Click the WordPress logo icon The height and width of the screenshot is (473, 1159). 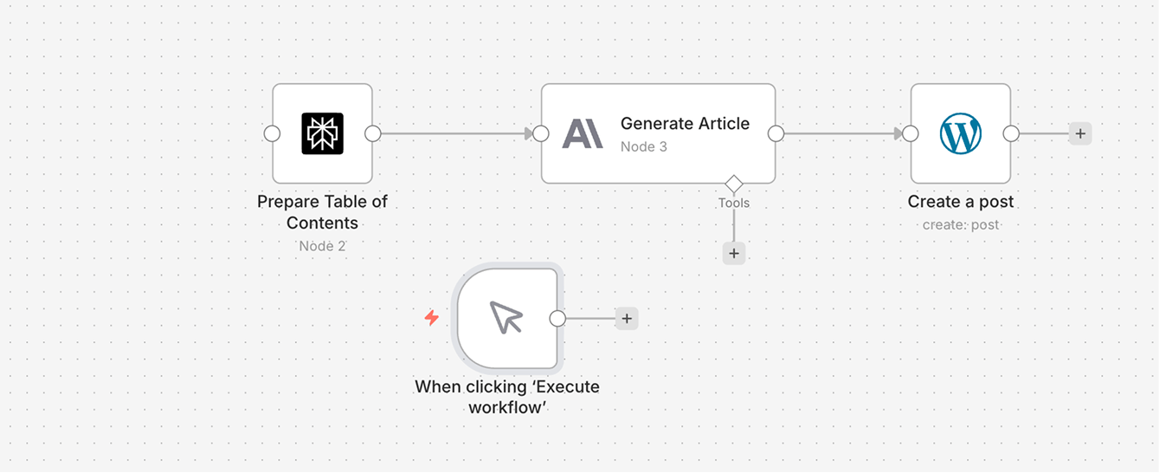[x=961, y=134]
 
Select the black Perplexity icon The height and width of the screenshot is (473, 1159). [x=323, y=134]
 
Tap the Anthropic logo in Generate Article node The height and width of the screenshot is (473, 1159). [x=583, y=134]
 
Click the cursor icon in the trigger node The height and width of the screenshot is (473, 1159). [x=507, y=318]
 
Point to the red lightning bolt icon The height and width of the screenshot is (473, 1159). [x=431, y=318]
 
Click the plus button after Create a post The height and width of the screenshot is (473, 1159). [x=1079, y=134]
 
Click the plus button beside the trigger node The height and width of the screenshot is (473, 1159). [x=627, y=319]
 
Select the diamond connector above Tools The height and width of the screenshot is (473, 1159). [x=734, y=184]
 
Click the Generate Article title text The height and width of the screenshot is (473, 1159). [x=685, y=124]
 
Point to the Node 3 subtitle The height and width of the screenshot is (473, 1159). [x=643, y=147]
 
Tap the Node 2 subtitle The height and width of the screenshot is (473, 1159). [x=322, y=246]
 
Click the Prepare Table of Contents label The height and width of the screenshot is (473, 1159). [x=322, y=212]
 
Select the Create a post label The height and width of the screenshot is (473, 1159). [x=961, y=202]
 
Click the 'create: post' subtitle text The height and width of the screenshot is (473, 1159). [x=961, y=225]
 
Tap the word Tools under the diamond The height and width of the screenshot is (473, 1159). [x=734, y=204]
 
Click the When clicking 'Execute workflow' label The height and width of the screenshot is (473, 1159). [x=507, y=397]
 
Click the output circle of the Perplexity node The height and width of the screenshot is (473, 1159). [x=373, y=134]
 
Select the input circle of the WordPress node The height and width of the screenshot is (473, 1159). [x=910, y=134]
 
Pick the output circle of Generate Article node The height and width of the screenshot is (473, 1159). [x=776, y=134]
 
